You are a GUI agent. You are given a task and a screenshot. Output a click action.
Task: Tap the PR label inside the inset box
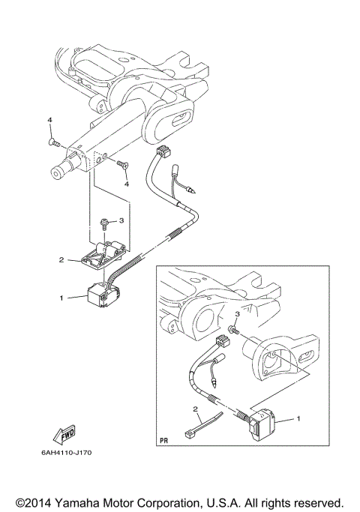[164, 440]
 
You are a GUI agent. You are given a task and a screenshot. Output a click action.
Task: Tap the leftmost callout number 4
[49, 121]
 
